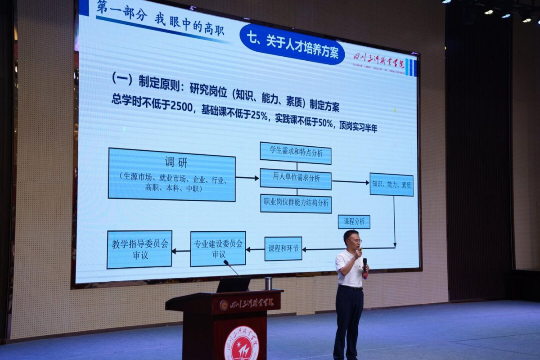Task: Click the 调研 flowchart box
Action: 171,174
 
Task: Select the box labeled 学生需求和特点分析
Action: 296,153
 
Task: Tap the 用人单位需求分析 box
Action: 296,179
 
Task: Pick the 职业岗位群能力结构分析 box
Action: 296,203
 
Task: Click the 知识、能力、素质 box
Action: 391,184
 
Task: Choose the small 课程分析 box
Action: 354,222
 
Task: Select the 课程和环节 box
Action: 283,249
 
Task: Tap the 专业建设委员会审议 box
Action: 218,249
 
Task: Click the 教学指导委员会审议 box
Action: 139,250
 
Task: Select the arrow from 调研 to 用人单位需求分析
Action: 247,178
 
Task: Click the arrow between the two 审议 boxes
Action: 181,251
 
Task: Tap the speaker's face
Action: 352,240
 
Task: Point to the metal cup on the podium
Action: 269,283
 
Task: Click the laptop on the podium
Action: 233,285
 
